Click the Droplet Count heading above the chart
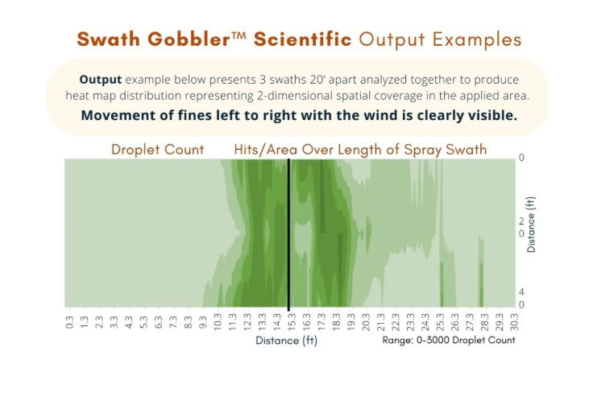(x=157, y=150)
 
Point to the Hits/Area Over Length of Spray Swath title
(x=360, y=150)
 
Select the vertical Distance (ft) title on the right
(x=532, y=226)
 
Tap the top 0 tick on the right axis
(x=521, y=159)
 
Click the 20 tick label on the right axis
(x=521, y=227)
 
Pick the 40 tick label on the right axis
(x=521, y=298)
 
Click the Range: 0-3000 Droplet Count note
(x=449, y=341)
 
